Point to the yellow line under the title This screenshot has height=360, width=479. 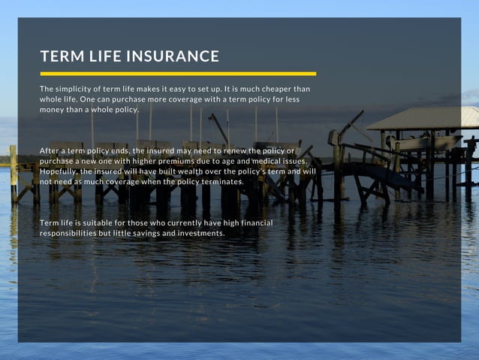pos(178,74)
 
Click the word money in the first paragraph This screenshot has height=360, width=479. pos(50,110)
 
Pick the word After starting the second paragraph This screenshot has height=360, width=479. pos(50,150)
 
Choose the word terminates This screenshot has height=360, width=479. pos(221,182)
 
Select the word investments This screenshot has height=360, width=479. pos(199,234)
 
